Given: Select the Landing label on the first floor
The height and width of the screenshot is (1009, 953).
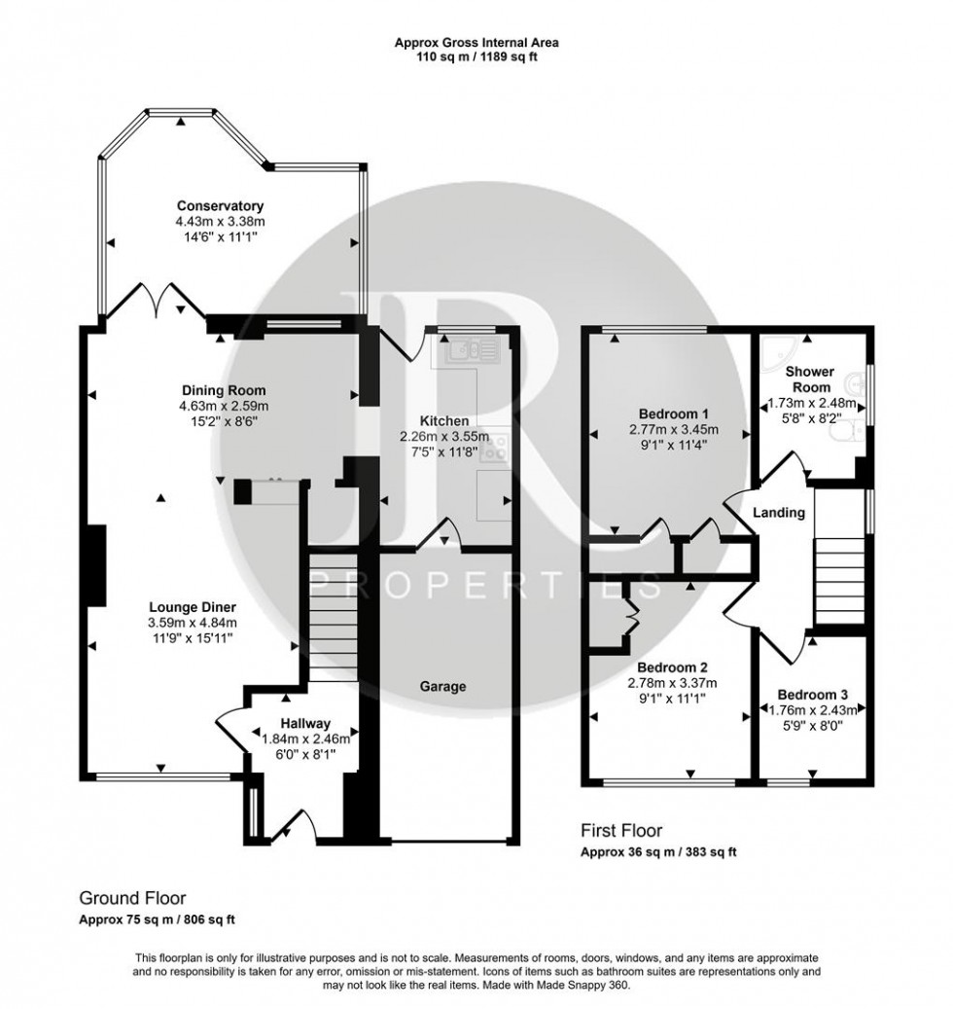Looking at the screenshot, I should (780, 513).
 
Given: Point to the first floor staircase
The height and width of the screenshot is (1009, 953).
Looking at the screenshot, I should (837, 575).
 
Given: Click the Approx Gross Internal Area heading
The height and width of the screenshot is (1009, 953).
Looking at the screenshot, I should (476, 42).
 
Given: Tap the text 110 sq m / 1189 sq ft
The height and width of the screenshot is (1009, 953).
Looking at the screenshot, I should (476, 56).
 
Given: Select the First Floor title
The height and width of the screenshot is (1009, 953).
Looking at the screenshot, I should (621, 830).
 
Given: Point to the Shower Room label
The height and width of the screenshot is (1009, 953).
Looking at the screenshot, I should (809, 379).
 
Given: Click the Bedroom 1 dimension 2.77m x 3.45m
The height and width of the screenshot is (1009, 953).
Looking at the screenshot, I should (672, 429).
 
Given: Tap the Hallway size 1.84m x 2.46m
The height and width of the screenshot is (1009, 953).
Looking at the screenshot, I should (306, 739).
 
